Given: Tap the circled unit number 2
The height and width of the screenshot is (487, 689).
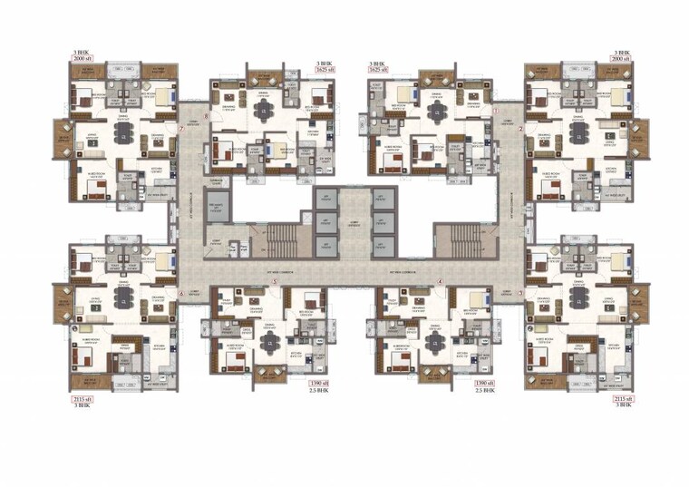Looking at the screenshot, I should click(x=520, y=129).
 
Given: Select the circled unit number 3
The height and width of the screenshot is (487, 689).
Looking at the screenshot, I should click(x=520, y=294).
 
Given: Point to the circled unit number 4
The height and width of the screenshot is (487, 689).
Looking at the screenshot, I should click(x=441, y=282).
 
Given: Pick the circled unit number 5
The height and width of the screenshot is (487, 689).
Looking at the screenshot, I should click(x=274, y=282).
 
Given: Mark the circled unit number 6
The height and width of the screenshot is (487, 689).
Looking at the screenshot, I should click(x=181, y=294).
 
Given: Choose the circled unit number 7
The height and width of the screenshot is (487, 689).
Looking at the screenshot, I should click(x=181, y=129).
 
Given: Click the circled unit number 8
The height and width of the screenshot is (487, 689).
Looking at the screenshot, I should click(x=207, y=117).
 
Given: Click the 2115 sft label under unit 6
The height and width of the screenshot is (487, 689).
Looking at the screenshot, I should click(x=82, y=399).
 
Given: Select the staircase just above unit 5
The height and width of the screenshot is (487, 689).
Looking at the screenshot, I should click(x=281, y=240).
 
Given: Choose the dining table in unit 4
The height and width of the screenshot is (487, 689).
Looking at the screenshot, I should click(x=438, y=342).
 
